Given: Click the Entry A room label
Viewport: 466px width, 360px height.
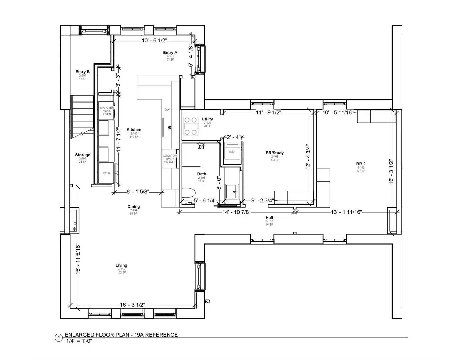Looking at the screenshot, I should (170, 53).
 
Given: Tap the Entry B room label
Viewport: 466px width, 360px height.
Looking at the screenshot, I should (82, 72).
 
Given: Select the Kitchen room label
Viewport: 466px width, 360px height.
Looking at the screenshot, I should (134, 130).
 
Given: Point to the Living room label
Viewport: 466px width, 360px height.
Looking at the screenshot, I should (121, 265).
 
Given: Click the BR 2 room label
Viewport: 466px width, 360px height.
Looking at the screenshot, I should (361, 164).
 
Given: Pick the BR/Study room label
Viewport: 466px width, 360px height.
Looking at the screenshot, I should (275, 153).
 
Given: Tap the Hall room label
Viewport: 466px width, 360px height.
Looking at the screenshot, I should (269, 218).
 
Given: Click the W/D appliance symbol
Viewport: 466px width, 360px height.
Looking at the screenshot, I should (232, 151).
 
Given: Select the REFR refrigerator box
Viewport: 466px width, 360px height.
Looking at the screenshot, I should (106, 173).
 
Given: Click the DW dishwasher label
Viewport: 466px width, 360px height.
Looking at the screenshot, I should (167, 110).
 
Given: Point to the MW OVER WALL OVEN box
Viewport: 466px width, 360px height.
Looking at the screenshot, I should (107, 111).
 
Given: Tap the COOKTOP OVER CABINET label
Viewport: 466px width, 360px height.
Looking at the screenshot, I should (170, 159).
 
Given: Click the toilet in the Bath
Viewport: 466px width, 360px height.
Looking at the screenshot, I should (189, 193).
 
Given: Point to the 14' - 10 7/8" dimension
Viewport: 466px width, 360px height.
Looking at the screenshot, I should (237, 212).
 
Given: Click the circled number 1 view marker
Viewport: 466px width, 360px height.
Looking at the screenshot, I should (58, 338).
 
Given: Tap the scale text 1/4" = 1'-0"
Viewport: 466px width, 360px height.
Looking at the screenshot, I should (79, 341).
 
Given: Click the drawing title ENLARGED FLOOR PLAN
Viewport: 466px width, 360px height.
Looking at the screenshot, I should (121, 335).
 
